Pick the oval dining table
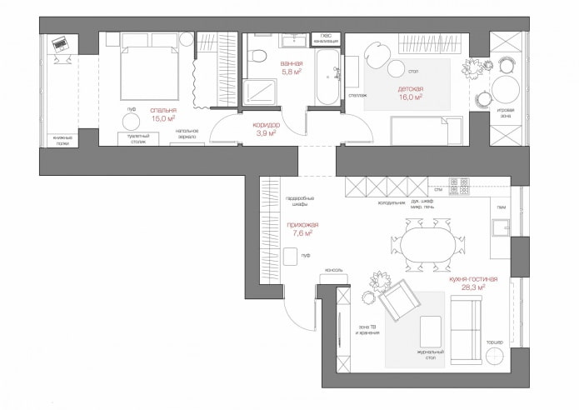pos(427,245)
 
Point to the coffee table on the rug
pos(429,331)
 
